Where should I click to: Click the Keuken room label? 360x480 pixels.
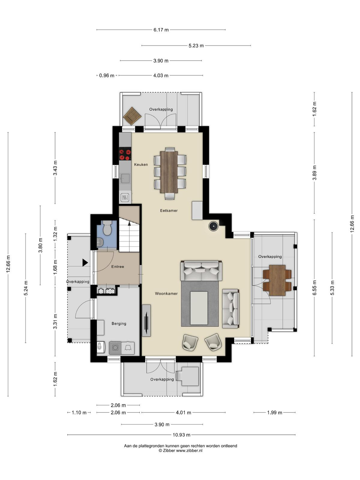click(141, 164)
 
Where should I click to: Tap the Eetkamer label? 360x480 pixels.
click(169, 211)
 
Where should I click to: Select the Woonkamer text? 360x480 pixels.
click(166, 293)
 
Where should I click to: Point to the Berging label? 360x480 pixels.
click(119, 324)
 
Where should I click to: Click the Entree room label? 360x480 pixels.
click(118, 267)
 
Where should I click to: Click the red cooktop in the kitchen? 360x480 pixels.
click(125, 154)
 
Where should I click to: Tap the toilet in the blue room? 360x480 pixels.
click(107, 228)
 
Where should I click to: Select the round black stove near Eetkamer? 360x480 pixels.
click(213, 226)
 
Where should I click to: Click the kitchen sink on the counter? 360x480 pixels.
click(125, 178)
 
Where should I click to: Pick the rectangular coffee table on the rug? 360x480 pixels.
click(199, 308)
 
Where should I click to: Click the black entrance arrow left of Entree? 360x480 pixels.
click(85, 262)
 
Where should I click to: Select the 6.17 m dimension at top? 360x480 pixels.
click(161, 30)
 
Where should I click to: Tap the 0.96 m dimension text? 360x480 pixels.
click(107, 75)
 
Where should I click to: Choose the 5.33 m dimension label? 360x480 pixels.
click(332, 288)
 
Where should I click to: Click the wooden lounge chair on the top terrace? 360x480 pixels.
click(132, 116)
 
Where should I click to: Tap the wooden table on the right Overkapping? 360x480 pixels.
click(277, 280)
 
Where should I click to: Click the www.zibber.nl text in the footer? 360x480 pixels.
click(189, 450)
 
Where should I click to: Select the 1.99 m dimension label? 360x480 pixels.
click(274, 412)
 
